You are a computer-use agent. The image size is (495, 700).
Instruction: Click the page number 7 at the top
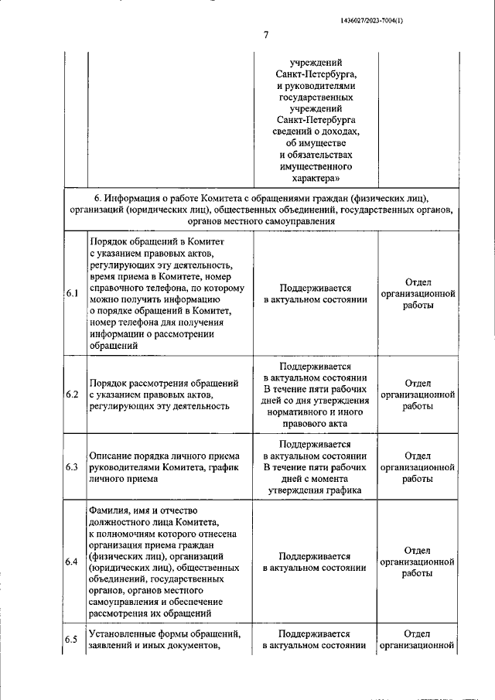[x=265, y=35]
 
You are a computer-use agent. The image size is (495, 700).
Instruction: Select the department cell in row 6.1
[x=417, y=294]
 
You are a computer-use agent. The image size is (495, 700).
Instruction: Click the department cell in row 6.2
[x=417, y=394]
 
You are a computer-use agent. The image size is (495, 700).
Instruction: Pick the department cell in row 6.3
[x=417, y=467]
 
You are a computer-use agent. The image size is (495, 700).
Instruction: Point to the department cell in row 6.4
[x=417, y=562]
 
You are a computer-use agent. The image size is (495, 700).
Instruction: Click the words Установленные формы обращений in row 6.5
[x=165, y=634]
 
